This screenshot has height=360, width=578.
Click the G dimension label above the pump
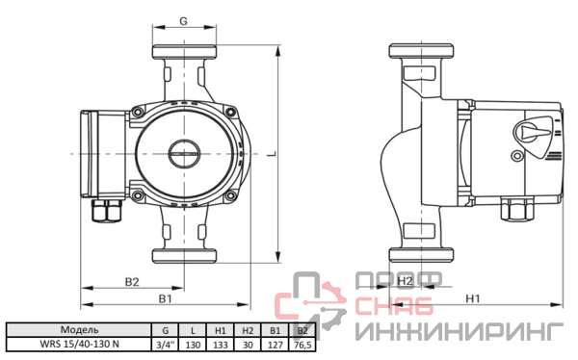183,21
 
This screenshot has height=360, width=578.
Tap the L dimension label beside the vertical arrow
272,153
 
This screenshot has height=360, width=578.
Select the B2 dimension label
132,282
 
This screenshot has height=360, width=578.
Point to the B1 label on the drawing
165,298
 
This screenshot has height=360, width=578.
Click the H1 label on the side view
473,298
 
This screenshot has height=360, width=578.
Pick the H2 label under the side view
405,281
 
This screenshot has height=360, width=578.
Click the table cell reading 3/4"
165,345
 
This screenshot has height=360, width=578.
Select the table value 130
193,345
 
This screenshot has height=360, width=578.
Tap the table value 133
221,345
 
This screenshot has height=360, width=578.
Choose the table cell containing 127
276,345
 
